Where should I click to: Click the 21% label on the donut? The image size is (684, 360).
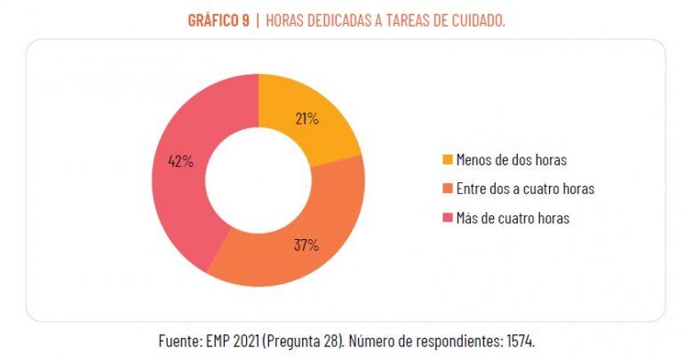pyautogui.click(x=307, y=118)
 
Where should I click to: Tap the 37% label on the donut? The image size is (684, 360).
pyautogui.click(x=306, y=245)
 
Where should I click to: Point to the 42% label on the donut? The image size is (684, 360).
pyautogui.click(x=180, y=162)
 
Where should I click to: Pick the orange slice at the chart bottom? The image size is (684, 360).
pyautogui.click(x=293, y=258)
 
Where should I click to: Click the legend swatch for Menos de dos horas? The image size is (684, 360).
pyautogui.click(x=448, y=160)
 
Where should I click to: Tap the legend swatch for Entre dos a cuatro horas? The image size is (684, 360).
pyautogui.click(x=448, y=188)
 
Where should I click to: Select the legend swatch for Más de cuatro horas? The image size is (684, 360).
pyautogui.click(x=448, y=218)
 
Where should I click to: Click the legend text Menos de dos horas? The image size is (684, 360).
pyautogui.click(x=511, y=160)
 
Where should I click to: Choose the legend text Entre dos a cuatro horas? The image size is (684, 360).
pyautogui.click(x=524, y=188)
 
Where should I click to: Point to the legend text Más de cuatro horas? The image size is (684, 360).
pyautogui.click(x=513, y=218)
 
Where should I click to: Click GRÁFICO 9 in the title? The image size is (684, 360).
pyautogui.click(x=217, y=20)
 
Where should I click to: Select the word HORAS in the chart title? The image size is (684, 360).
pyautogui.click(x=284, y=20)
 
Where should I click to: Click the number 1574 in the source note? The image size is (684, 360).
pyautogui.click(x=519, y=340)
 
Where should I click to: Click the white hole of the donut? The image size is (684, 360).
pyautogui.click(x=258, y=181)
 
